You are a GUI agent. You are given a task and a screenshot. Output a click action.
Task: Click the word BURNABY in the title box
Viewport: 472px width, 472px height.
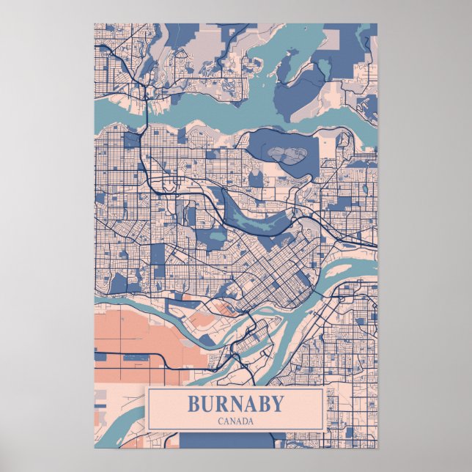pos(235,404)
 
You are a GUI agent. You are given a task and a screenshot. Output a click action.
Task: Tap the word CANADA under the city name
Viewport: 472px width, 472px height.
pos(235,421)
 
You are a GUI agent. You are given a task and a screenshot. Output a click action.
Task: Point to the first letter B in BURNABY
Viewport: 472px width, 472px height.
pos(193,404)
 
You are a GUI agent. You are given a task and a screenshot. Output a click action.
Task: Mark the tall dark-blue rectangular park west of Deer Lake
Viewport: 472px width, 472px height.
pos(158,254)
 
